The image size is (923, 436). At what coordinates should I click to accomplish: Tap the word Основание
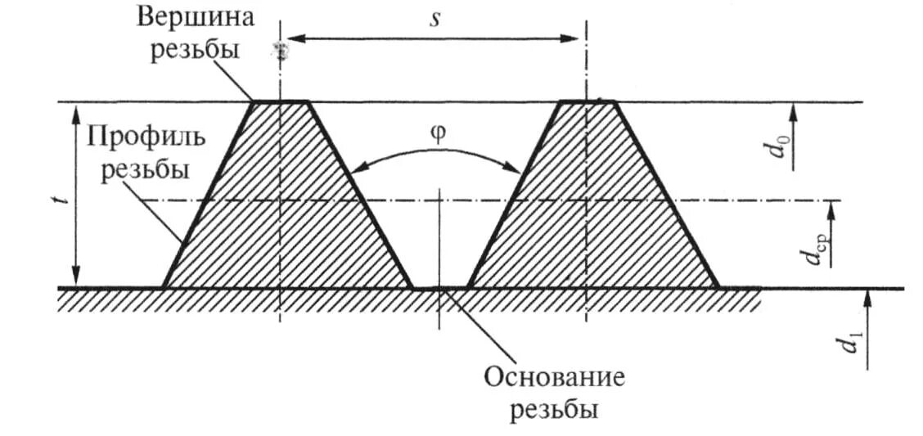pyautogui.click(x=554, y=379)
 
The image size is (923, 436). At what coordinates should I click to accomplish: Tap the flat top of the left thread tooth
pyautogui.click(x=281, y=102)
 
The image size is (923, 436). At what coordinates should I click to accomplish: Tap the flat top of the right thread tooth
pyautogui.click(x=587, y=102)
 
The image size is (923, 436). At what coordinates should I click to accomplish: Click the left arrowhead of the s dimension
pyautogui.click(x=290, y=38)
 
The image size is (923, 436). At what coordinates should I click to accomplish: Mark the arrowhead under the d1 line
pyautogui.click(x=868, y=299)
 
